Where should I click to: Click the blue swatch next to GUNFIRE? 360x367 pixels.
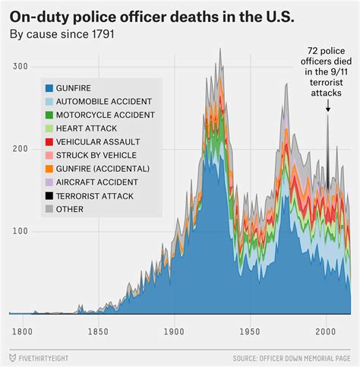pyautogui.click(x=49, y=88)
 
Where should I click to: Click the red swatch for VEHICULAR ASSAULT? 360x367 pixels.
pyautogui.click(x=49, y=142)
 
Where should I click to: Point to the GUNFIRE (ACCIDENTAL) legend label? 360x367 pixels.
pyautogui.click(x=103, y=169)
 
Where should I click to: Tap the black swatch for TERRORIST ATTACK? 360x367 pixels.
pyautogui.click(x=49, y=196)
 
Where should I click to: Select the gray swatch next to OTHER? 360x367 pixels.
pyautogui.click(x=49, y=209)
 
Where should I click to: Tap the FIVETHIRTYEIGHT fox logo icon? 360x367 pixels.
pyautogui.click(x=13, y=356)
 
